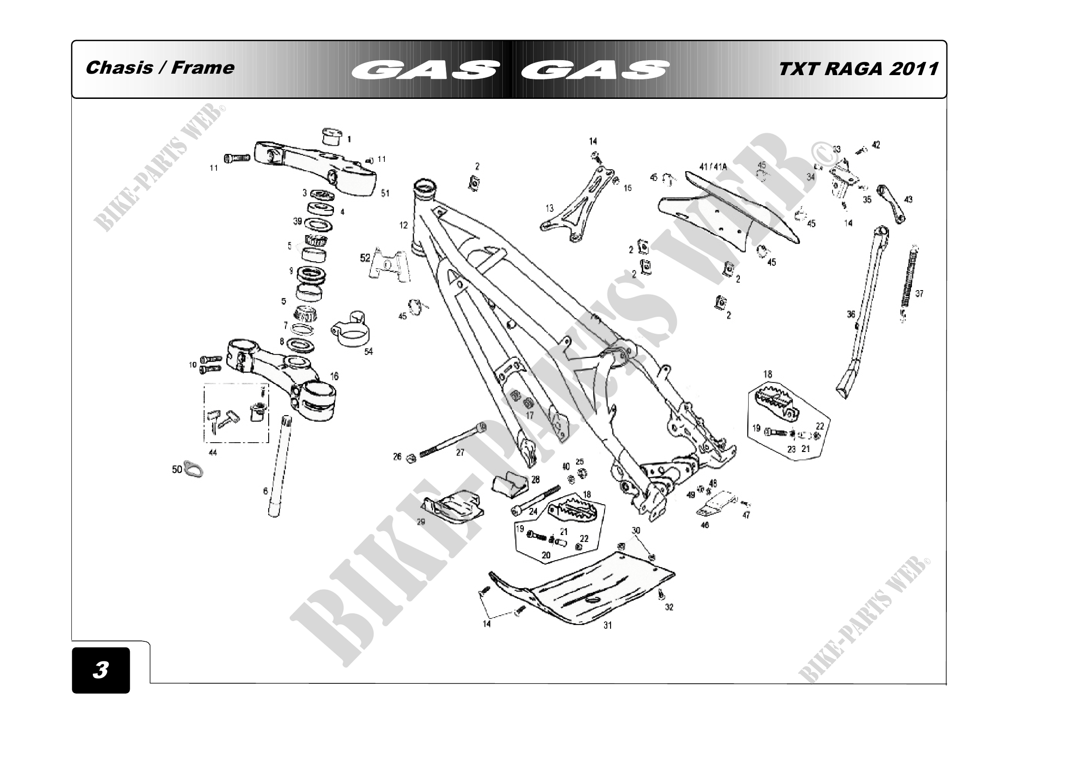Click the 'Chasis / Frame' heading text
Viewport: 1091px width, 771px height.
point(160,68)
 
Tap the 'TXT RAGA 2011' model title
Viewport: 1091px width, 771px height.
point(858,69)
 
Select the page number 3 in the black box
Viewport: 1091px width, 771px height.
point(101,670)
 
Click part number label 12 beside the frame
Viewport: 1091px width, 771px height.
point(403,225)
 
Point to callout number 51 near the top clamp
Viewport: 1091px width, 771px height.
point(385,193)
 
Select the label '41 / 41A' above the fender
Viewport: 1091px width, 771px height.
point(713,167)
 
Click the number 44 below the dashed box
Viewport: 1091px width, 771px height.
point(213,453)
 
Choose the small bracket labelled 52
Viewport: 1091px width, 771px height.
point(389,266)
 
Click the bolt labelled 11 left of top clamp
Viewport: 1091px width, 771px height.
point(236,158)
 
